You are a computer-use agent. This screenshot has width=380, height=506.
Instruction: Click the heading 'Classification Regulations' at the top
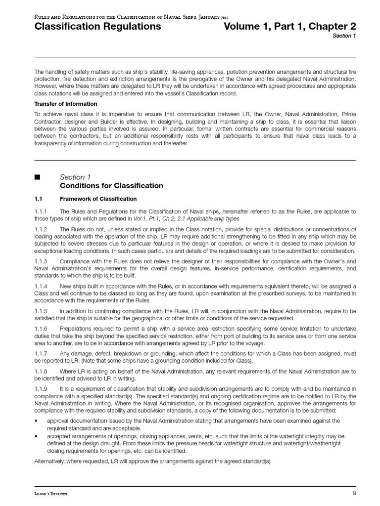(97, 27)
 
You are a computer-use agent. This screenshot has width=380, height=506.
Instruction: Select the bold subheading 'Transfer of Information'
(65, 104)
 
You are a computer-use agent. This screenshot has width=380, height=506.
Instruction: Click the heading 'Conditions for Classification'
(111, 186)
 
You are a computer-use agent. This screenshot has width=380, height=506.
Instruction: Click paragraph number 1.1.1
(41, 211)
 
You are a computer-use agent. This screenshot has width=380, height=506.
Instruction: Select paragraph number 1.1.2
(41, 230)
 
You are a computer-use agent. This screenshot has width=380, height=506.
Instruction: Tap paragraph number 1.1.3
(41, 261)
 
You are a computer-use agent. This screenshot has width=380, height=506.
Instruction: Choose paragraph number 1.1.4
(41, 286)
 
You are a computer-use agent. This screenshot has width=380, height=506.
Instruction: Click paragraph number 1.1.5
(41, 311)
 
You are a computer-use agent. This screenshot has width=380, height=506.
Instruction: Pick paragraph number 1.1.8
(41, 371)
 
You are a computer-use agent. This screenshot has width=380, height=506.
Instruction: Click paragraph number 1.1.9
(41, 389)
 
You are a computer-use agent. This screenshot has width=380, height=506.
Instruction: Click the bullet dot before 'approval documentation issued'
(36, 421)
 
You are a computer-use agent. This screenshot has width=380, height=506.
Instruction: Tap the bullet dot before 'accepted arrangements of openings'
(36, 437)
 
